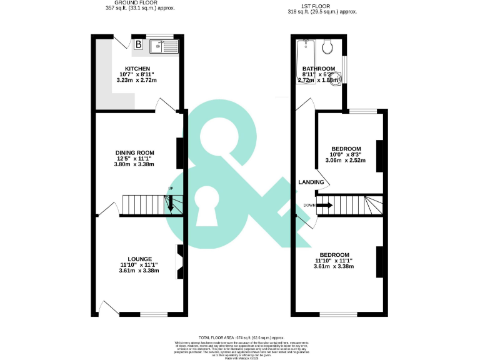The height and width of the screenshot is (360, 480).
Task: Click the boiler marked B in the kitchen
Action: click(x=138, y=44)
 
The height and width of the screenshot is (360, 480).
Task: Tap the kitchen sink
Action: click(x=164, y=45)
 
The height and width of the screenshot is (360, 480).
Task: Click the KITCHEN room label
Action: click(x=137, y=69)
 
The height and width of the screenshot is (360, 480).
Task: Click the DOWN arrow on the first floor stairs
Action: click(x=323, y=205)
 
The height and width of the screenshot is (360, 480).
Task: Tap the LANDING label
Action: click(x=311, y=182)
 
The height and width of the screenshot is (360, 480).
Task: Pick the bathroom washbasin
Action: click(x=336, y=78)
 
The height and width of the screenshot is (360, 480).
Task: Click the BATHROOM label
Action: click(x=318, y=69)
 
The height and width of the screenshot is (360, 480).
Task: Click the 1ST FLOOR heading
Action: click(x=322, y=6)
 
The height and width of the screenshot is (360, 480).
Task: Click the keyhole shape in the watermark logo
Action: click(x=204, y=209)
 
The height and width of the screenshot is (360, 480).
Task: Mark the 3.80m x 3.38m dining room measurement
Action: click(x=134, y=164)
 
